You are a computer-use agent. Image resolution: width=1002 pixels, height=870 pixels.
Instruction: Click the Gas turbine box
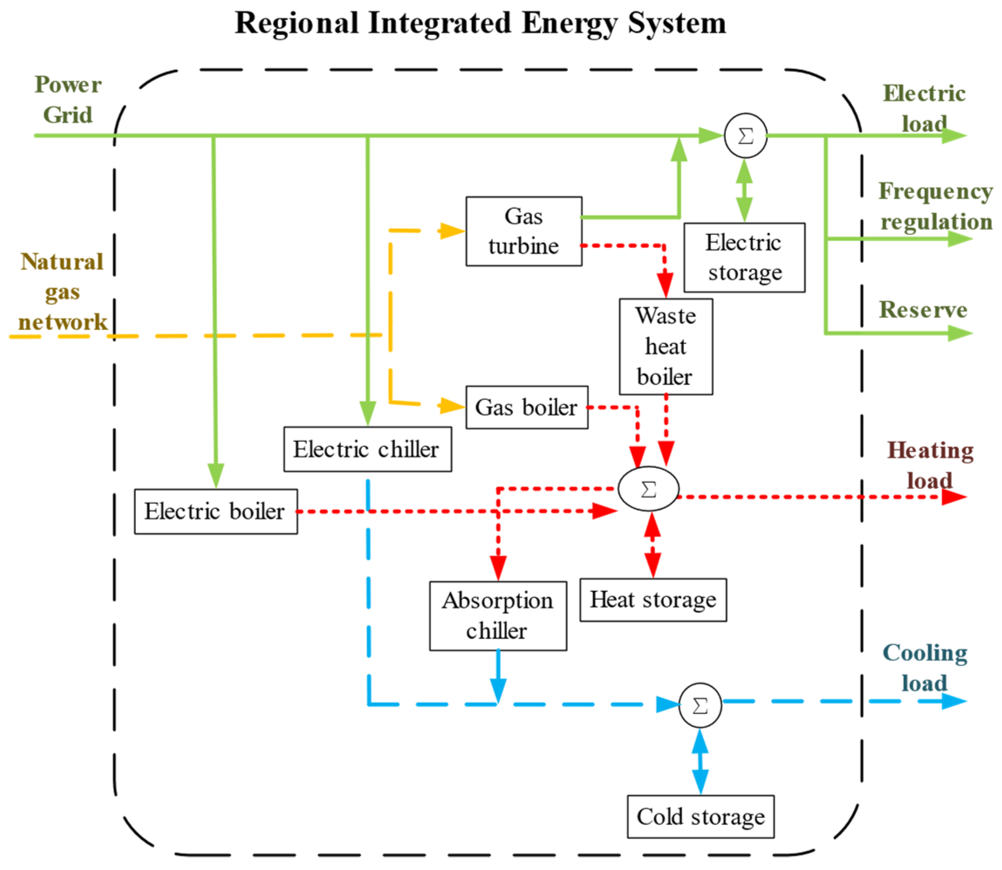click(x=524, y=231)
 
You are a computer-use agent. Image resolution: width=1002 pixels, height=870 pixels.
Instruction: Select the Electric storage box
click(x=744, y=257)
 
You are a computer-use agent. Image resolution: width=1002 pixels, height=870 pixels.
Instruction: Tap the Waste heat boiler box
click(x=666, y=346)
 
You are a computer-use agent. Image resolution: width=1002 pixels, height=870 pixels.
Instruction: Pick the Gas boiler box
click(x=527, y=408)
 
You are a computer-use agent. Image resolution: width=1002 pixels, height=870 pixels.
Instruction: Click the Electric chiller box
click(x=367, y=449)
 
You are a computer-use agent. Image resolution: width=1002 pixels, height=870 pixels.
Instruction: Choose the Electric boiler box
click(x=216, y=511)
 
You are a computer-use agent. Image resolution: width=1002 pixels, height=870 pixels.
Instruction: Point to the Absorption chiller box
click(x=498, y=616)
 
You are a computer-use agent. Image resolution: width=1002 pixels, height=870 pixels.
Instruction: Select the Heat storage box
click(x=653, y=599)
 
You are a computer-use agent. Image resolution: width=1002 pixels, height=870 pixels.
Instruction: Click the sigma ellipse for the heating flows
click(x=649, y=489)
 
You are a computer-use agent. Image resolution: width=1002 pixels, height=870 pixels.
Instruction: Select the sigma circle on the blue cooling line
click(x=700, y=706)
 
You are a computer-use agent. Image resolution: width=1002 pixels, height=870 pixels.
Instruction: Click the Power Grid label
click(x=68, y=99)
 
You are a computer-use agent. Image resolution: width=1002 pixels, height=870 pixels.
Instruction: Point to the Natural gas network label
click(x=62, y=291)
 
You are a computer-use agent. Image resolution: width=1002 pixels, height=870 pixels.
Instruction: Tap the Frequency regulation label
click(x=936, y=206)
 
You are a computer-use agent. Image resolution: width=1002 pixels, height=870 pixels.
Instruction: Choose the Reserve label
click(x=923, y=310)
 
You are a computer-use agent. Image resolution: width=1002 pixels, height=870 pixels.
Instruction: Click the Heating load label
click(x=930, y=465)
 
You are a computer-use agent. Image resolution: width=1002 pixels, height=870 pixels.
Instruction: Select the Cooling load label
click(x=925, y=668)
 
